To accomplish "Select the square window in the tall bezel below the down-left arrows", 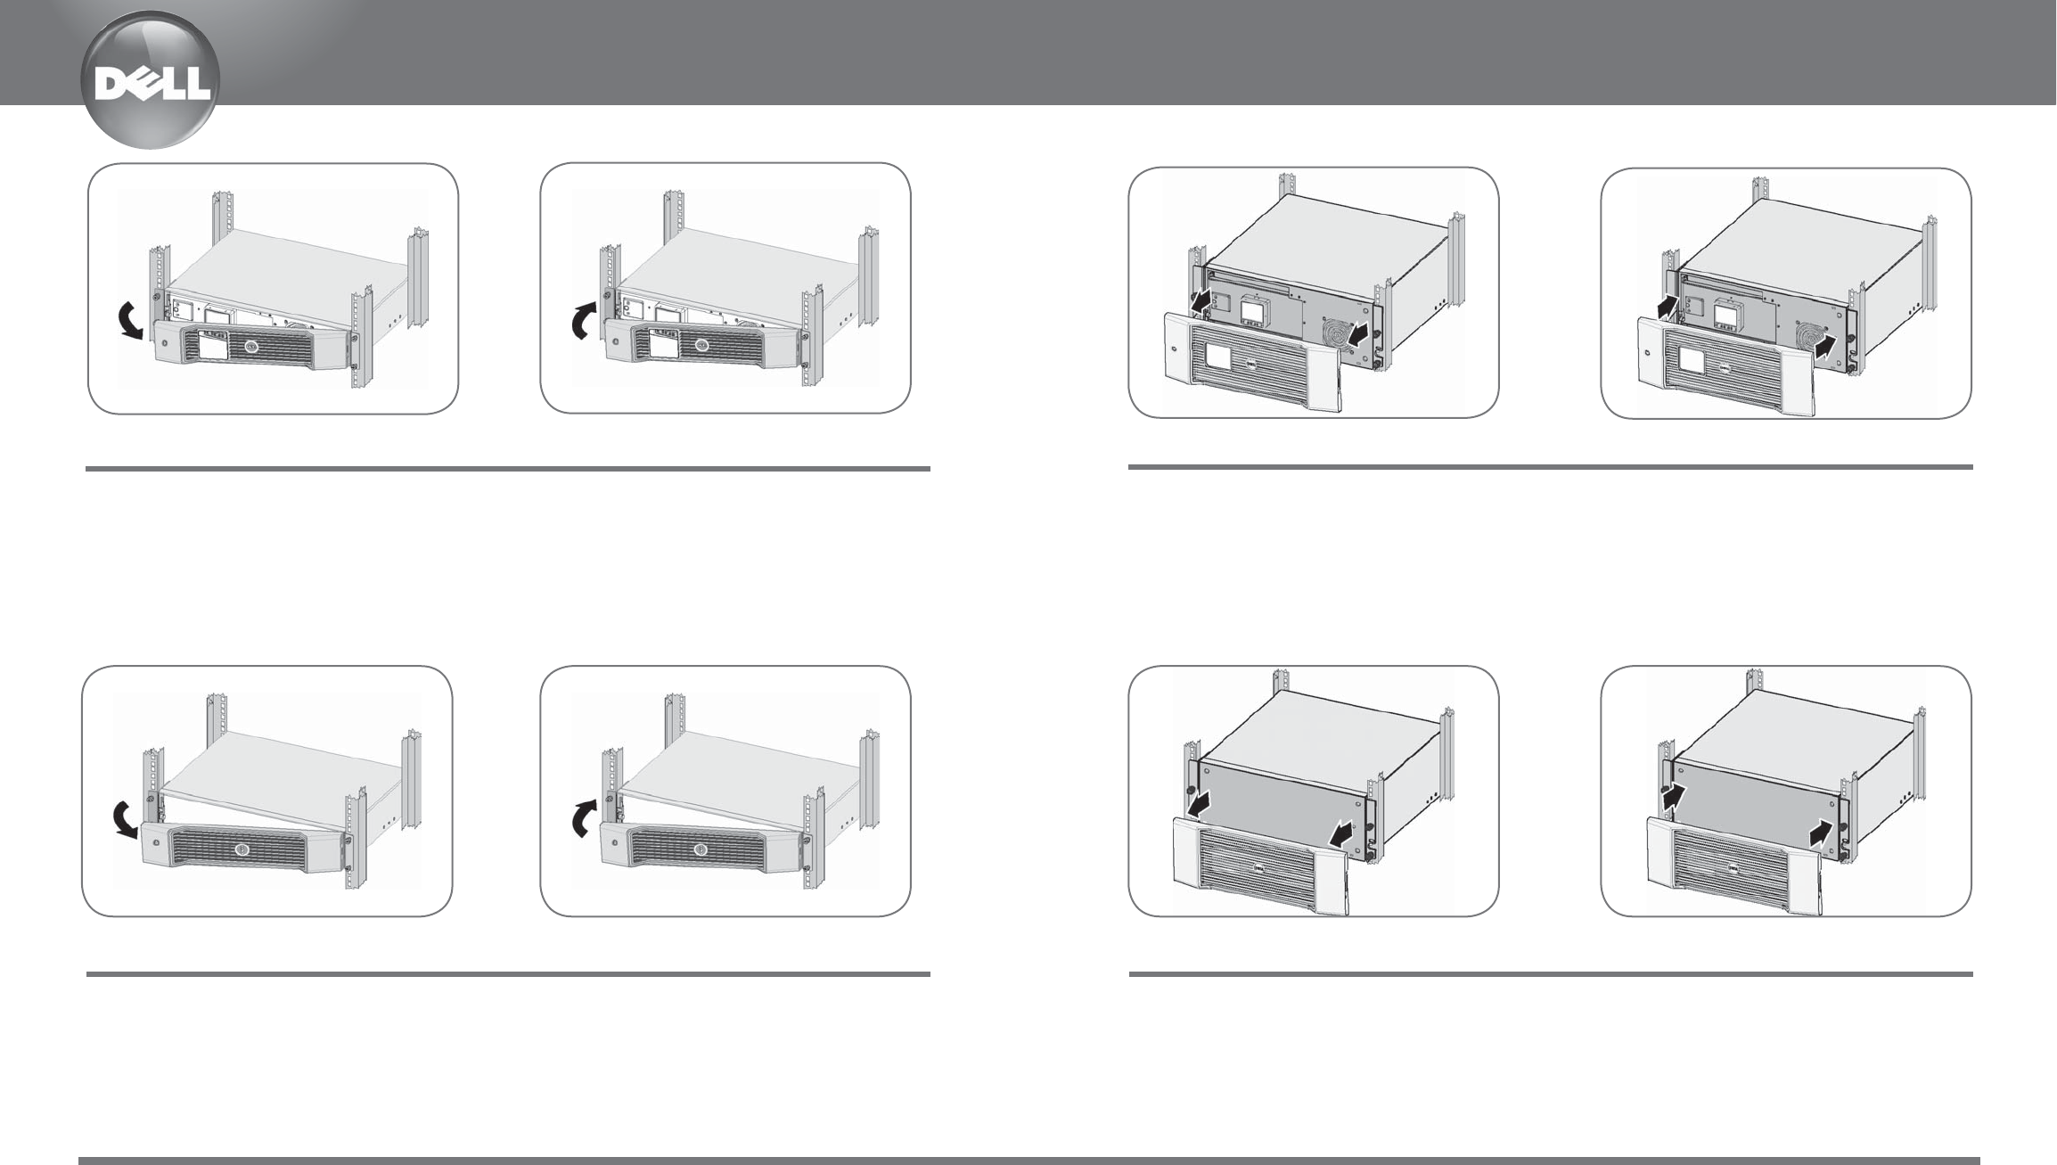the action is [x=1218, y=357].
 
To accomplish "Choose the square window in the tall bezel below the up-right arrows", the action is [x=1691, y=359].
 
